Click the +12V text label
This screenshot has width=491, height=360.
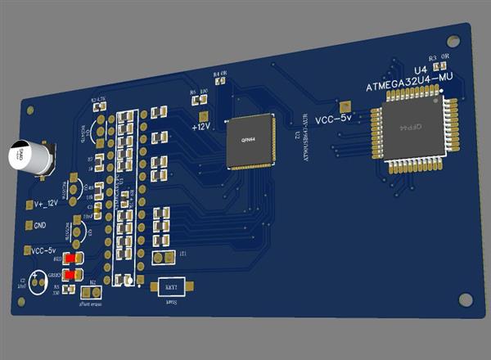coord(201,127)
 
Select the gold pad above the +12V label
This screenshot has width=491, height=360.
coord(203,115)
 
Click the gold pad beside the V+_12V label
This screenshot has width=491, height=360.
coord(28,204)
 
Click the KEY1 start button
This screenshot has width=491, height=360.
coord(172,288)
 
